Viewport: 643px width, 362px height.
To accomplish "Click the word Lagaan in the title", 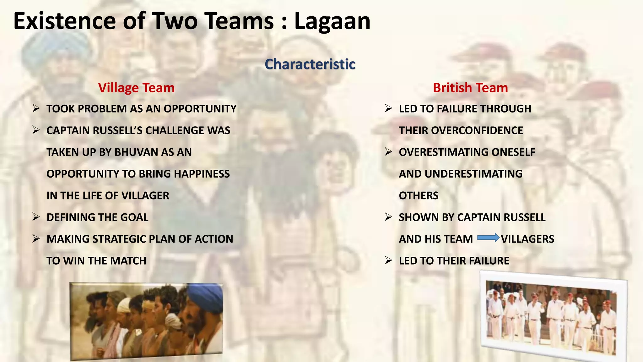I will [332, 21].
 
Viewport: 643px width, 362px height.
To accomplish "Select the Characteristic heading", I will [310, 64].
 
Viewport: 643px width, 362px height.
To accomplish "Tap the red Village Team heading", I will [136, 88].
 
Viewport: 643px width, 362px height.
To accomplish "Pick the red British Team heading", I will [470, 88].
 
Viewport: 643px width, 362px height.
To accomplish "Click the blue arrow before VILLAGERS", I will [488, 238].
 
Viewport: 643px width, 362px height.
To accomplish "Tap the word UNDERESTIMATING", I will [473, 174].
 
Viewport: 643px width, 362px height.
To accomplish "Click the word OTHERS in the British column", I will [419, 195].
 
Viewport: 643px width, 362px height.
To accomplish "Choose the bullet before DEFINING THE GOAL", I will [36, 217].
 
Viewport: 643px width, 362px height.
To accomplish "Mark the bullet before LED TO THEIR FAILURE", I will [389, 260].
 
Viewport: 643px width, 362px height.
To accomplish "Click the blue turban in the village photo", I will [204, 296].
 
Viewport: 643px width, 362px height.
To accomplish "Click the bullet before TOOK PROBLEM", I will [36, 108].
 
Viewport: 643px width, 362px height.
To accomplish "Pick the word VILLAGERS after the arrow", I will [527, 239].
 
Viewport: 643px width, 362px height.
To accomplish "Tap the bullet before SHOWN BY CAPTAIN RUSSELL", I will [389, 217].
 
